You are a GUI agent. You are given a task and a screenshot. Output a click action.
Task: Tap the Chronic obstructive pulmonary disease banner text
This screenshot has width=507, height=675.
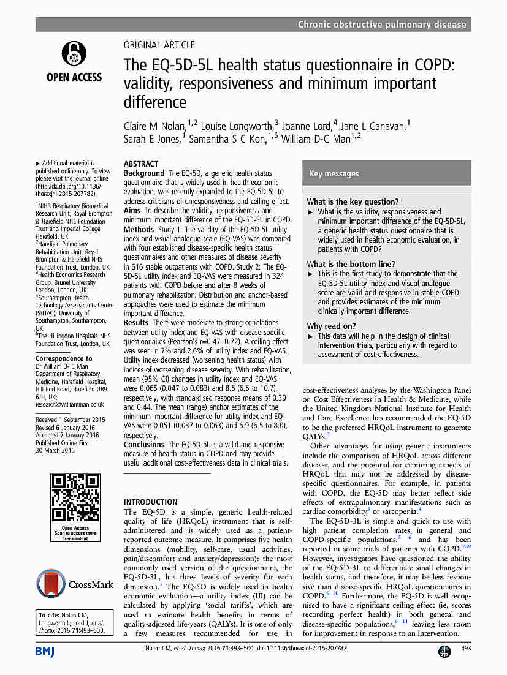click(382, 25)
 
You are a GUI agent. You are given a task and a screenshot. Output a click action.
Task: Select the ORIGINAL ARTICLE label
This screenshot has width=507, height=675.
click(159, 45)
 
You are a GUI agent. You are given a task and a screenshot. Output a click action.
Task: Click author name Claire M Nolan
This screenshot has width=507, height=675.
click(154, 126)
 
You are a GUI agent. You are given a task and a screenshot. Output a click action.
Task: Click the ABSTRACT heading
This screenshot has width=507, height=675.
click(141, 164)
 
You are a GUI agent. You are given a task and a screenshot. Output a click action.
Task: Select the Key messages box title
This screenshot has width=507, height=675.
click(334, 174)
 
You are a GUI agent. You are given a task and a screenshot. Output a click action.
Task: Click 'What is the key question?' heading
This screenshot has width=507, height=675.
click(353, 202)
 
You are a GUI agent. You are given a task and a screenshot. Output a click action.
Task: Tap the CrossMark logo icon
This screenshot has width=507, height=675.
click(51, 584)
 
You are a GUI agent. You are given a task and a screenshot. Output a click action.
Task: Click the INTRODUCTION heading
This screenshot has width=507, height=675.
click(151, 502)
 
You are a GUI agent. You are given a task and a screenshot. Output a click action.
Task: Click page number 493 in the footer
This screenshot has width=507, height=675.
click(465, 648)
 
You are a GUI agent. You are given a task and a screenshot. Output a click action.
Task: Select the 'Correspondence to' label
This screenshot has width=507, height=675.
click(64, 358)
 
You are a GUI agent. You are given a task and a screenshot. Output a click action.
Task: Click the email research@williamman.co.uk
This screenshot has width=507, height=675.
click(70, 404)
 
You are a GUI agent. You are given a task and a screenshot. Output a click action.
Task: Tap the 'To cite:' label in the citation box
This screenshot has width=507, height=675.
click(48, 615)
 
